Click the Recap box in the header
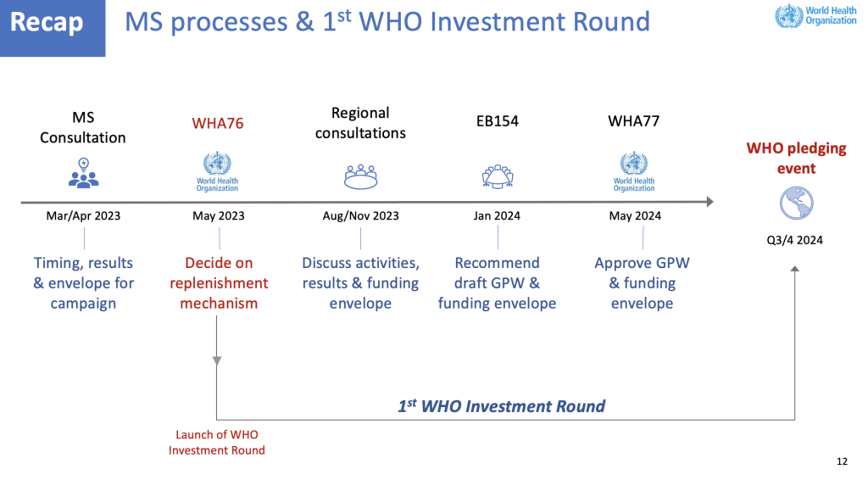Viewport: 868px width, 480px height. [x=53, y=28]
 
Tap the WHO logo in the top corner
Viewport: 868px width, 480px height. [x=815, y=16]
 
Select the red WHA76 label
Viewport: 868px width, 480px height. [x=218, y=123]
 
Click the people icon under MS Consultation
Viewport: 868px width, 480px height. [x=84, y=173]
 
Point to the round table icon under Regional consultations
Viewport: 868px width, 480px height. [x=360, y=176]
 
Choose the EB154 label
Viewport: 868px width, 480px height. [x=497, y=121]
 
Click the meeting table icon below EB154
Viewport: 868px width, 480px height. [x=498, y=176]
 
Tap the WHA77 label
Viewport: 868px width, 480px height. [x=634, y=121]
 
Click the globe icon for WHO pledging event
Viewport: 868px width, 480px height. [x=797, y=204]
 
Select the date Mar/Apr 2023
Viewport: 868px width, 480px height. [x=83, y=216]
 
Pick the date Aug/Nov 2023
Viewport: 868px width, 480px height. [x=360, y=216]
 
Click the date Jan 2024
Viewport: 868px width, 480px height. [x=497, y=216]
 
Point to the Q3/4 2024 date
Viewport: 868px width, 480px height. [x=794, y=240]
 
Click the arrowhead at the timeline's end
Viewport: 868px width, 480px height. [x=709, y=202]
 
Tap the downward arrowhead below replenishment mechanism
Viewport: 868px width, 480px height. [x=217, y=361]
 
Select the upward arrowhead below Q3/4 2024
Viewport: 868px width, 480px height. [x=795, y=269]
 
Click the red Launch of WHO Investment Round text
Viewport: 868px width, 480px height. [x=216, y=443]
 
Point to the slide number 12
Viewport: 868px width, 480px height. [x=842, y=461]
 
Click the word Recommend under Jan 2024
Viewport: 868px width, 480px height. [x=497, y=263]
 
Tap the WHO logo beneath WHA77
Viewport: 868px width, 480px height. [x=634, y=171]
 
